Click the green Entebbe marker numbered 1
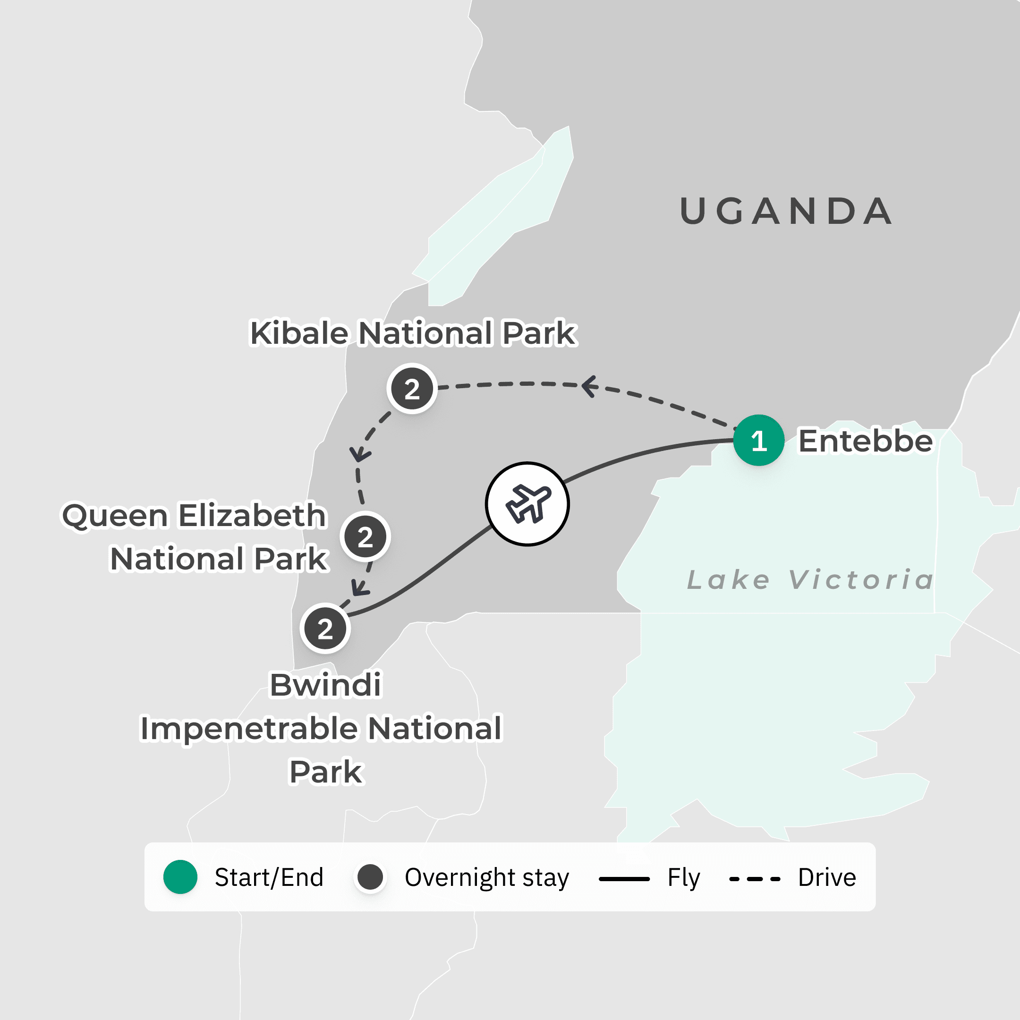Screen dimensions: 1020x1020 pyautogui.click(x=759, y=440)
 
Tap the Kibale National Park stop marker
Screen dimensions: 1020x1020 pyautogui.click(x=412, y=389)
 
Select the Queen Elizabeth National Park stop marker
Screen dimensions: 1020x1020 pyautogui.click(x=365, y=537)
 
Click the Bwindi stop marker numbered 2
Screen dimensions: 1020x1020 pyautogui.click(x=325, y=628)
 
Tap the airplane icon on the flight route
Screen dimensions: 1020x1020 pyautogui.click(x=527, y=504)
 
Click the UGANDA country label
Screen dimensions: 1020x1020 pyautogui.click(x=786, y=211)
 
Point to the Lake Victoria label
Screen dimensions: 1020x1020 pyautogui.click(x=810, y=580)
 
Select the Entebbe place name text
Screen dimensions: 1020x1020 pyautogui.click(x=865, y=441)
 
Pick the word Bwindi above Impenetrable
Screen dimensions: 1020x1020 pyautogui.click(x=325, y=685)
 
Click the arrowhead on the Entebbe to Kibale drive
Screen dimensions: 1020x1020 pyautogui.click(x=589, y=386)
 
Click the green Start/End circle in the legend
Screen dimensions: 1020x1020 pyautogui.click(x=180, y=877)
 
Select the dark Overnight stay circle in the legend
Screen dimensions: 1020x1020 pyautogui.click(x=370, y=877)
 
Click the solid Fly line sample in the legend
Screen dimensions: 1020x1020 pyautogui.click(x=624, y=879)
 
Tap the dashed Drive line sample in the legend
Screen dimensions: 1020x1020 pyautogui.click(x=755, y=879)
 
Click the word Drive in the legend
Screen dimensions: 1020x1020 pyautogui.click(x=827, y=877)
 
